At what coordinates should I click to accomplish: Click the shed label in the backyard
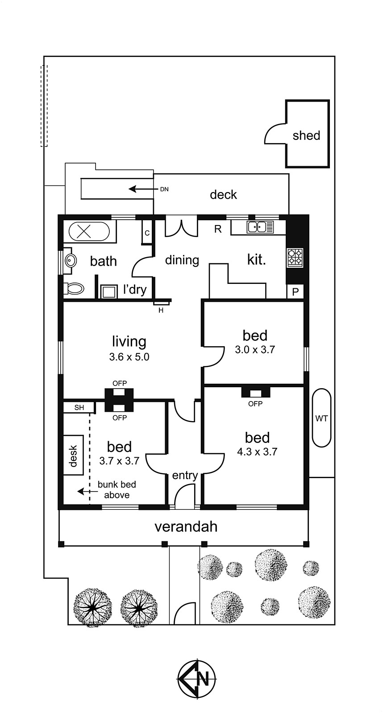[306, 135]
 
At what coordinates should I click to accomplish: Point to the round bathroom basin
[71, 261]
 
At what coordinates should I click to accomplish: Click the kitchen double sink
[260, 227]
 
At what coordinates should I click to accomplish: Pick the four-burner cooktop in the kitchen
[295, 258]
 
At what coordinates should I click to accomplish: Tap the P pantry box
[296, 291]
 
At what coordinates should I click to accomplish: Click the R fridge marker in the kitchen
[218, 229]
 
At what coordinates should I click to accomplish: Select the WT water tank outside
[321, 418]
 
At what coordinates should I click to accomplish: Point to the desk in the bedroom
[73, 455]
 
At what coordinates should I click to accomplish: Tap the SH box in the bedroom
[79, 408]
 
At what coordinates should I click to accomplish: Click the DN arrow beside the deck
[143, 189]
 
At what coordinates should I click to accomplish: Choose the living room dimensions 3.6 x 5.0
[129, 357]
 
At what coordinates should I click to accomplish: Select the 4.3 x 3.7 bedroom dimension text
[257, 452]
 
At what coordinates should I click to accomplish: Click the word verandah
[186, 527]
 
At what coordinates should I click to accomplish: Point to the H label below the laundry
[161, 310]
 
